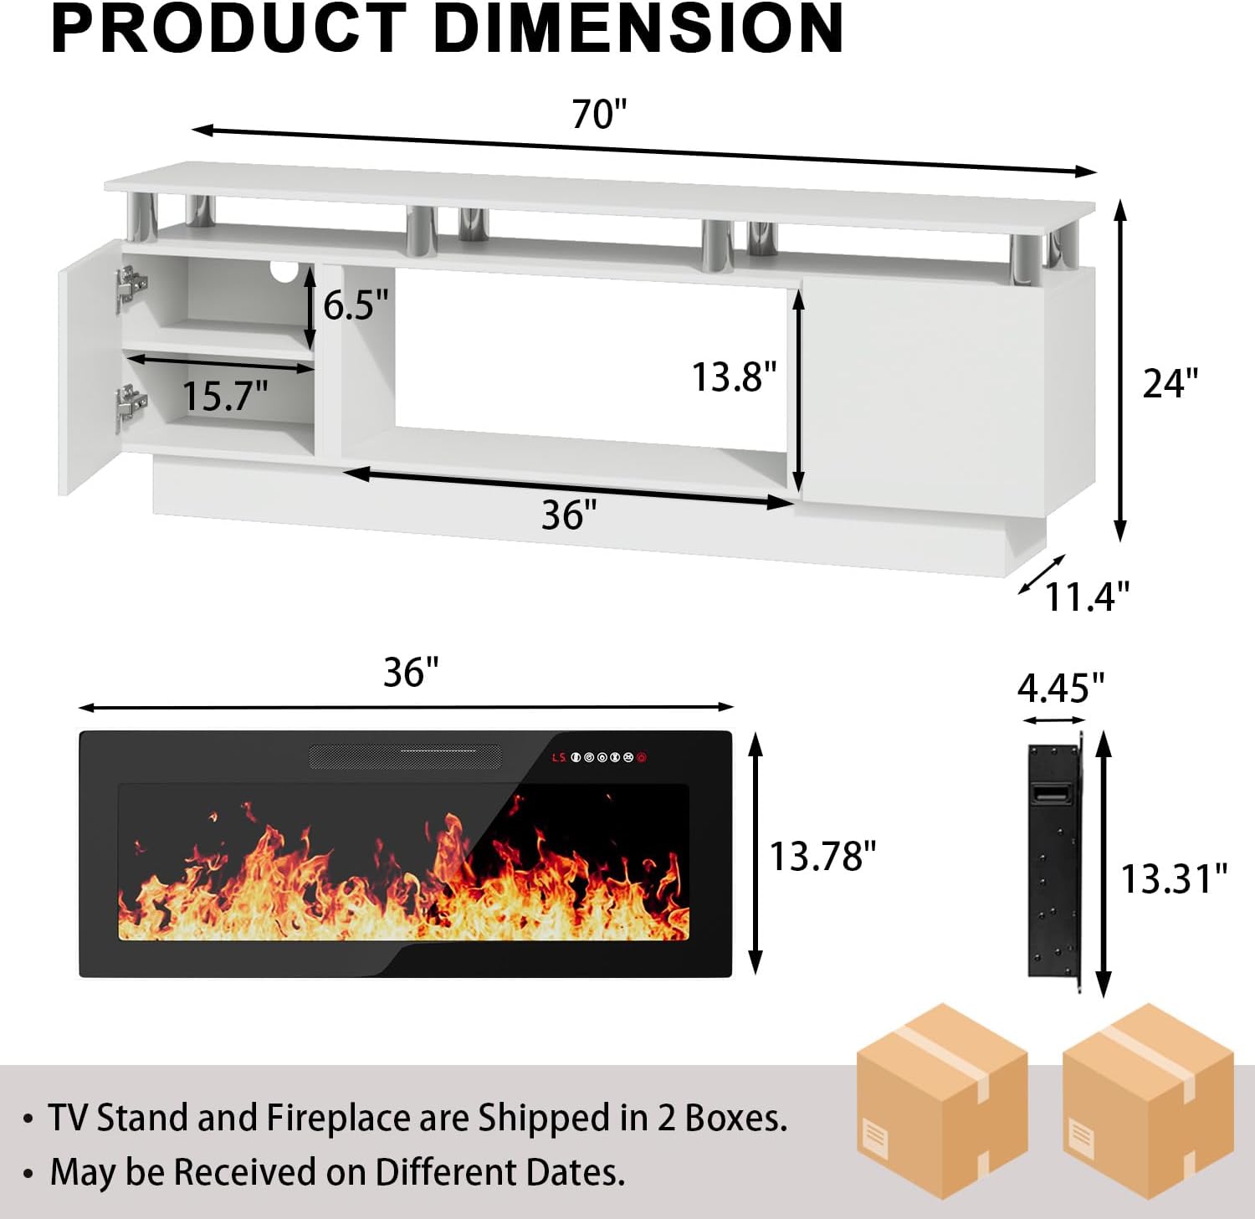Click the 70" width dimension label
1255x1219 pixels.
(x=599, y=115)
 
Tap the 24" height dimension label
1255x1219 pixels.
(x=1170, y=383)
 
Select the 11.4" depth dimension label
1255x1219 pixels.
(x=1087, y=597)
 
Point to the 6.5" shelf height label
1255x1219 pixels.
(x=356, y=305)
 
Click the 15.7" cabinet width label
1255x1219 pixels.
(x=225, y=396)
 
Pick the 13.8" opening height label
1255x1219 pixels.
(x=734, y=377)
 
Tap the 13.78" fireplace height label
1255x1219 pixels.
(x=822, y=857)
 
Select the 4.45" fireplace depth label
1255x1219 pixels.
(x=1060, y=689)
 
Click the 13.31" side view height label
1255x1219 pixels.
(x=1173, y=879)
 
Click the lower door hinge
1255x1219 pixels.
(x=130, y=404)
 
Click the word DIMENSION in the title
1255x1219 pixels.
(x=638, y=30)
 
